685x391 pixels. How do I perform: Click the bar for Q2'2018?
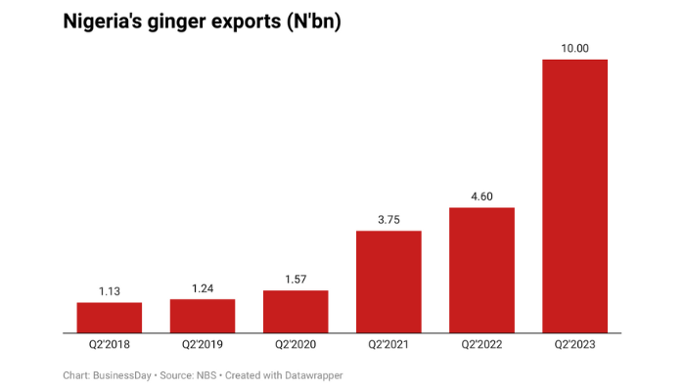110,318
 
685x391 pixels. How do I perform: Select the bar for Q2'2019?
203,316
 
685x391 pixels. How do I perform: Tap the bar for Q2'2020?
296,312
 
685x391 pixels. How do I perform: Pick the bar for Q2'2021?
388,282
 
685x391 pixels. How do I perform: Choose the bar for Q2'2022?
481,270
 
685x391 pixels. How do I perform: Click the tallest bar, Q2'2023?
574,195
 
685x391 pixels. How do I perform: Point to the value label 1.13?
110,291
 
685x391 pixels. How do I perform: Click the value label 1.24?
203,288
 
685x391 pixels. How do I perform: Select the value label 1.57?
296,280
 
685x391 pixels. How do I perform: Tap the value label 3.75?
388,220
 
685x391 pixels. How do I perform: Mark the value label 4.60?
481,196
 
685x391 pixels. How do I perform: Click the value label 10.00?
574,48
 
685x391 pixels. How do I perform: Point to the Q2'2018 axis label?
110,345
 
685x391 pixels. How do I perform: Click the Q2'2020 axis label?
296,345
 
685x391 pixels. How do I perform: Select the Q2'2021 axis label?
388,345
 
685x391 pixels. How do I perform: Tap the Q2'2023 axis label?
574,345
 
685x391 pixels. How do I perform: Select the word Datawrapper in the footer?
309,375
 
